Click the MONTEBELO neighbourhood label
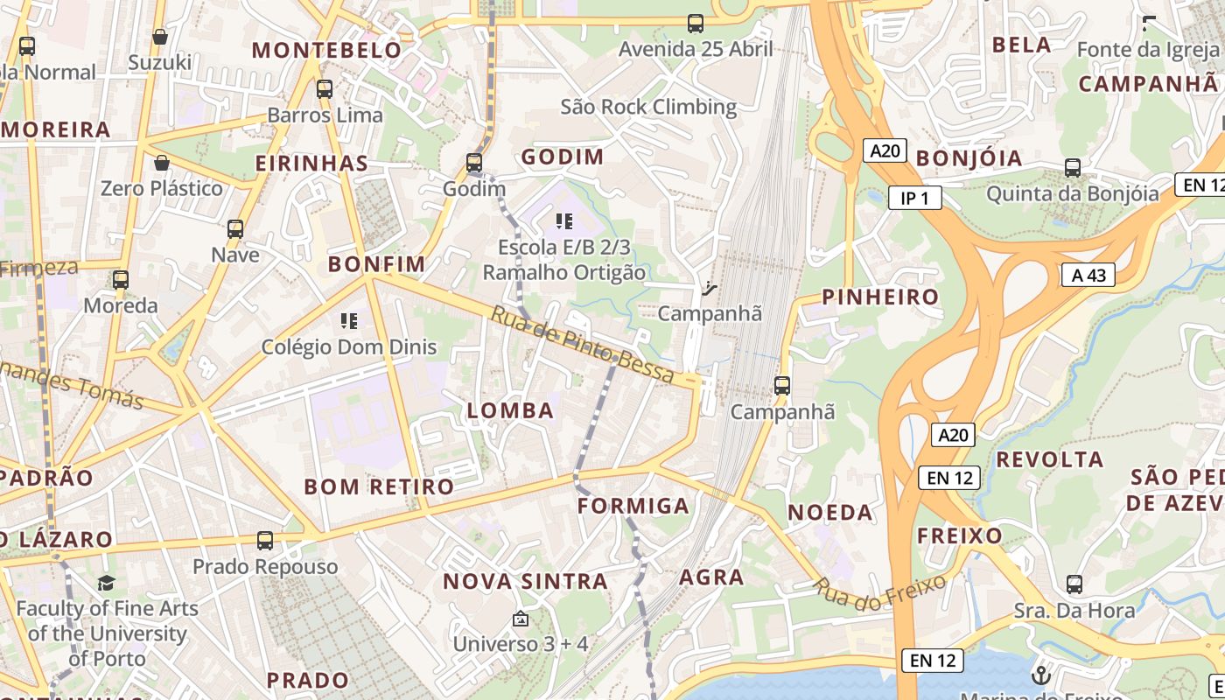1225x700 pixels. click(326, 50)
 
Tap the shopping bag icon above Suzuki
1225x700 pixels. click(160, 37)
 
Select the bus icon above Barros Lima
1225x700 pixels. click(325, 88)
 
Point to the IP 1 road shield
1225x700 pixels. click(914, 199)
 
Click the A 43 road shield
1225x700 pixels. click(1088, 275)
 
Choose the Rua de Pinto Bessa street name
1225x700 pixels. click(582, 346)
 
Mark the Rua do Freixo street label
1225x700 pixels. click(881, 587)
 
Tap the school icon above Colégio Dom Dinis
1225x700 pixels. click(349, 321)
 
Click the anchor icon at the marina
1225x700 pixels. click(1040, 675)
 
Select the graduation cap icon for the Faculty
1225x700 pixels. click(106, 583)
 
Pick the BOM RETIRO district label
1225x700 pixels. click(379, 486)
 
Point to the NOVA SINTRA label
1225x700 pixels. click(525, 581)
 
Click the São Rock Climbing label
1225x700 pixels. click(648, 107)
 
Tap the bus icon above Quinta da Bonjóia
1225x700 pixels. click(1073, 167)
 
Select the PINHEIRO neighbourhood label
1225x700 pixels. click(880, 297)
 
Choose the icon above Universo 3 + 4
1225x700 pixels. click(520, 619)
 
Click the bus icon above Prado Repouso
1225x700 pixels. click(265, 541)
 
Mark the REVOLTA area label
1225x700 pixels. click(1050, 459)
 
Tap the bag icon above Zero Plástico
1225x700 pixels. click(162, 163)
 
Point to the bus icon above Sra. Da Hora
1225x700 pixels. click(1074, 584)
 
